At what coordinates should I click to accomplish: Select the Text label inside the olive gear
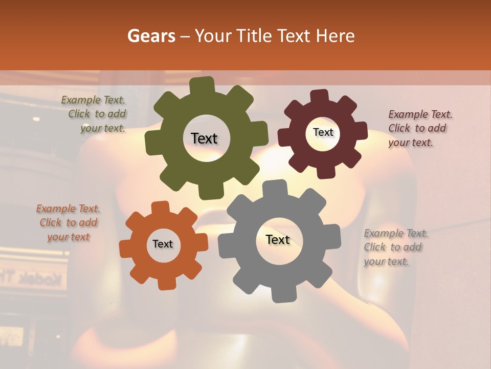pyautogui.click(x=204, y=138)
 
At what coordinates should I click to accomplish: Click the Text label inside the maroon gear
pyautogui.click(x=323, y=132)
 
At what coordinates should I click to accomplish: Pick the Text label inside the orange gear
pyautogui.click(x=163, y=244)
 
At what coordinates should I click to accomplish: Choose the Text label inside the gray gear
pyautogui.click(x=278, y=239)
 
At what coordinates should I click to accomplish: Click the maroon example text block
pyautogui.click(x=419, y=128)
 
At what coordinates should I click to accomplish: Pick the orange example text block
pyautogui.click(x=68, y=223)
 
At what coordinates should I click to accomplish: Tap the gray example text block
pyautogui.click(x=395, y=248)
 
